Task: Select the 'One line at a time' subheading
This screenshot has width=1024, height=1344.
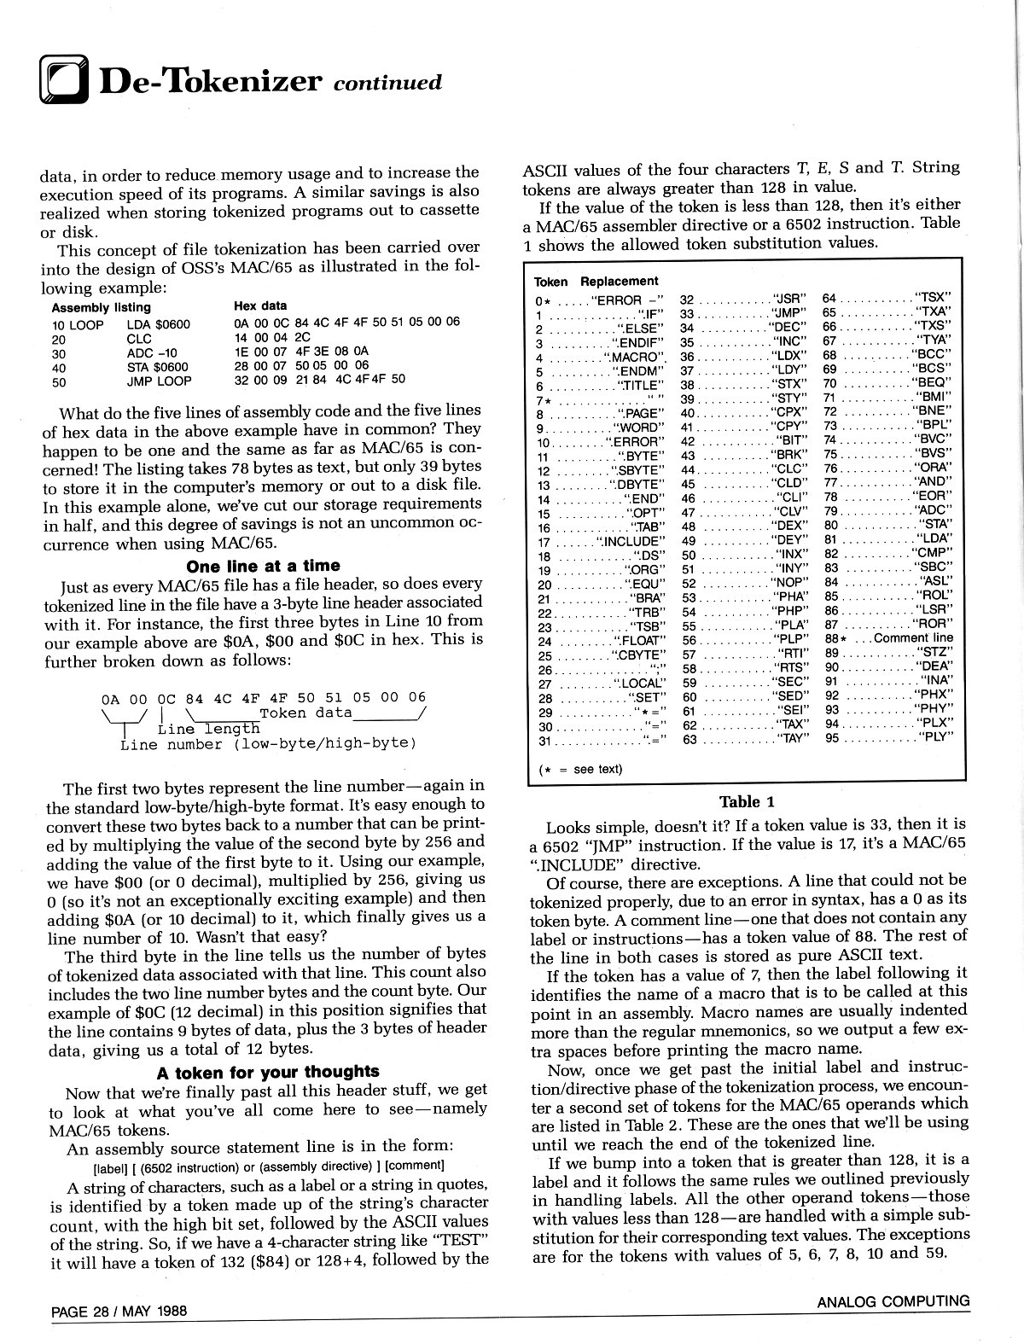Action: click(x=263, y=566)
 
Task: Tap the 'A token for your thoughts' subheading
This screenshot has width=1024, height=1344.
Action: click(x=268, y=1072)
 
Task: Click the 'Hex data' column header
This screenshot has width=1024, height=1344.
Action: click(x=259, y=305)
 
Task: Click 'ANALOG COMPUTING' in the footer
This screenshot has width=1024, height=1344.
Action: click(x=893, y=1301)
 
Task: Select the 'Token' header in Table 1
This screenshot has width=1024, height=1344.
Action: click(x=550, y=281)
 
